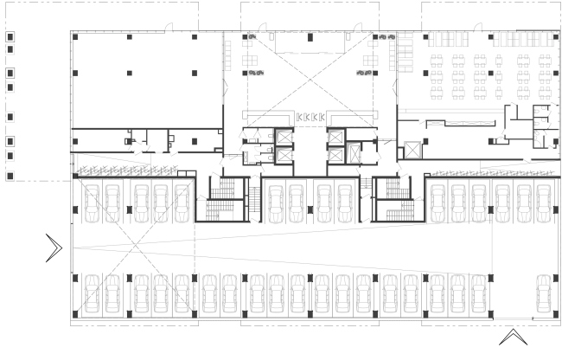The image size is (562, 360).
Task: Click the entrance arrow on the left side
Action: [x=54, y=248]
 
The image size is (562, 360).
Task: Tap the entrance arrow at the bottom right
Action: [x=513, y=337]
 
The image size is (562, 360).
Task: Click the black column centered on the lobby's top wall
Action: [x=310, y=37]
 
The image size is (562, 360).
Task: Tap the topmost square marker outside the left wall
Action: [x=10, y=38]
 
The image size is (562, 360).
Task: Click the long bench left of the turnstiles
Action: [x=271, y=116]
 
